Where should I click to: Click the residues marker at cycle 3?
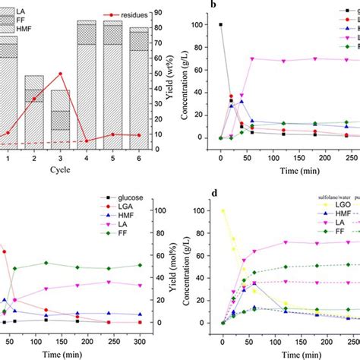(x=60, y=74)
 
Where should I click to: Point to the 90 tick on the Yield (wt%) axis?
(x=158, y=11)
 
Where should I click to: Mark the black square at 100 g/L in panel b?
(x=221, y=25)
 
